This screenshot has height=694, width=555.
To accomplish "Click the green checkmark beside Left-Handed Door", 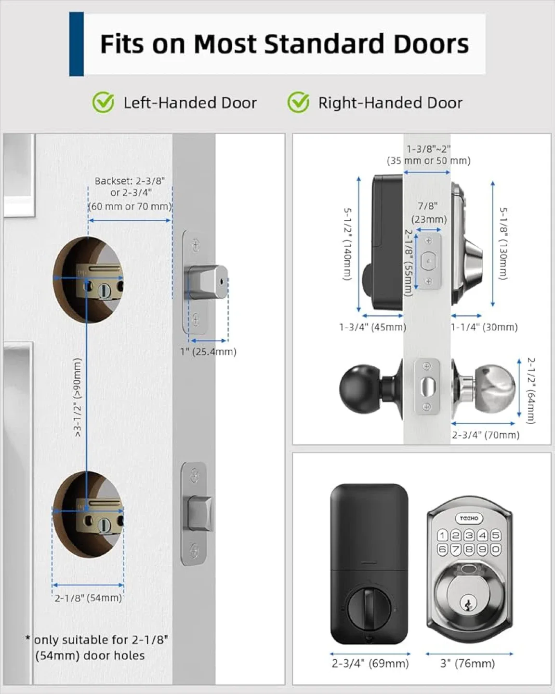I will tap(103, 103).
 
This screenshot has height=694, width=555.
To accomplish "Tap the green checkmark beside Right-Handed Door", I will tap(298, 103).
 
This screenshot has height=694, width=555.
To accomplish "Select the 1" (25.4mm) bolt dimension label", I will tap(208, 352).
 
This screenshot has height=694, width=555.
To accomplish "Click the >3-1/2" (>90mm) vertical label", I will tap(78, 397).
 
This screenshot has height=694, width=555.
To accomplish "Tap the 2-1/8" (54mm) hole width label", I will tap(88, 598).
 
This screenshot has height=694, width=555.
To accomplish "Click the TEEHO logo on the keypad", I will tap(469, 518).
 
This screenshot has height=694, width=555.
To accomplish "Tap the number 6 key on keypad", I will tap(442, 549).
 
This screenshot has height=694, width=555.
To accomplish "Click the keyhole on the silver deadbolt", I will tap(467, 602).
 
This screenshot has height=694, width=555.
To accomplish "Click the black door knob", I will tap(360, 387).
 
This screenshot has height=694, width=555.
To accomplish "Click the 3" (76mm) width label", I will tap(467, 664).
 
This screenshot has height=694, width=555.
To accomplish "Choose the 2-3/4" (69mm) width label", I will tap(370, 664).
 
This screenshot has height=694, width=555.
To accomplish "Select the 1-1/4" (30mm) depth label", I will tap(484, 327).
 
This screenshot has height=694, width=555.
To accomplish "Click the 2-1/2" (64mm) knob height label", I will tap(530, 390).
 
